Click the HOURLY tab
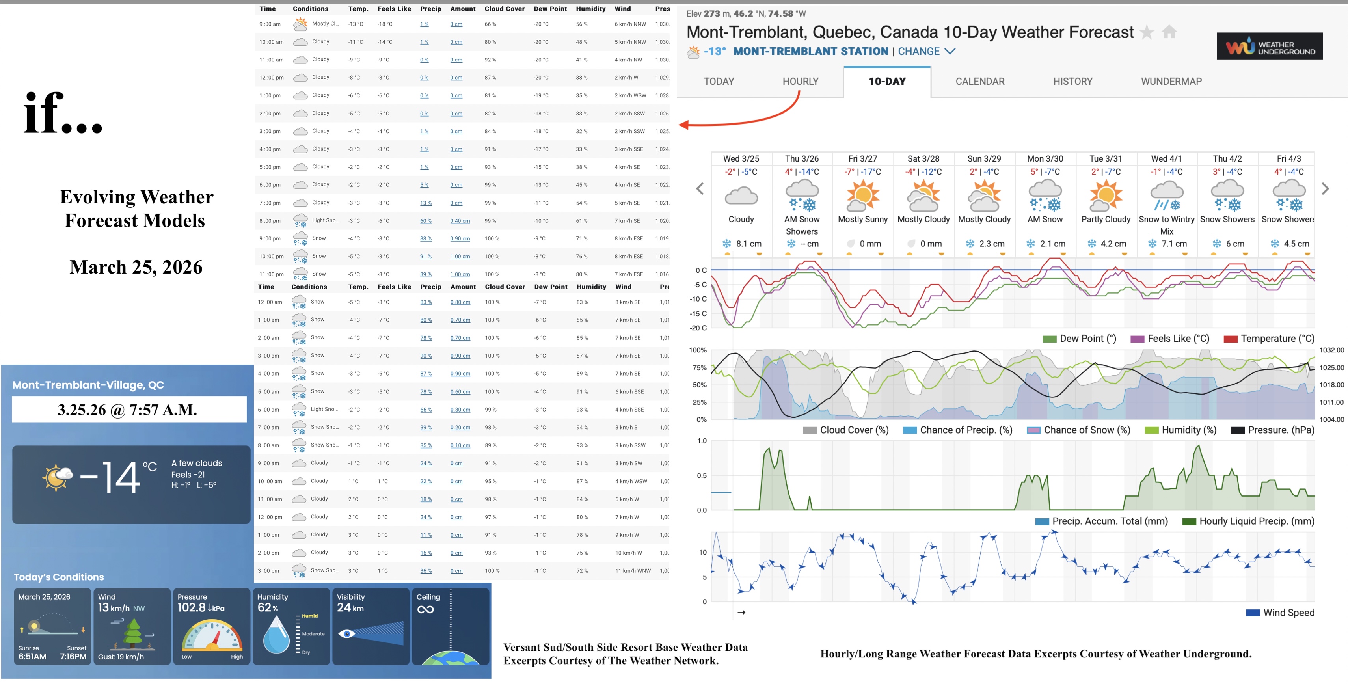point(800,81)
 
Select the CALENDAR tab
point(979,81)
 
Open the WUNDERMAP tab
point(1171,81)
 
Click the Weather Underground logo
point(1269,47)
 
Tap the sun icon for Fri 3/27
point(862,195)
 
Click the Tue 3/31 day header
point(1105,158)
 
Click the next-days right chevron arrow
point(1325,189)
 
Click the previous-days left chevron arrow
point(700,189)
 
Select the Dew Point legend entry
point(1080,339)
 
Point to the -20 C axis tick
point(698,328)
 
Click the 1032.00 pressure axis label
point(1331,350)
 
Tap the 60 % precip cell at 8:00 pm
point(425,221)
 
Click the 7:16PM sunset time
point(73,657)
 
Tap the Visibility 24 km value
point(350,608)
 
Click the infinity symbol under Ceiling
point(425,609)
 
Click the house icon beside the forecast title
point(1169,32)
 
